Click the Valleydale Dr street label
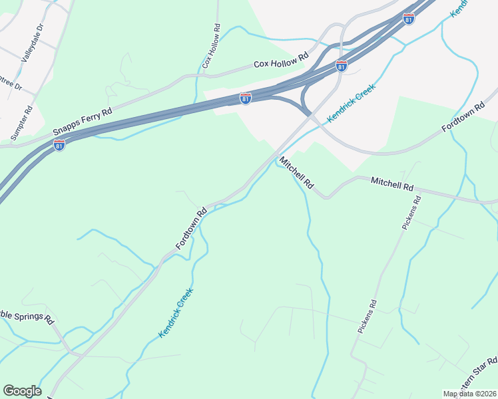click(x=32, y=43)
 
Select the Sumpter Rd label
click(x=21, y=123)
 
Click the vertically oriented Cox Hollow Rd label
click(x=211, y=47)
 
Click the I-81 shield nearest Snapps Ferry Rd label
click(x=59, y=145)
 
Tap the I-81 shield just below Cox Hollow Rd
click(x=246, y=98)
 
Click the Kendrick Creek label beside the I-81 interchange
click(x=352, y=102)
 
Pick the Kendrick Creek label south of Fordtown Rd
click(x=176, y=313)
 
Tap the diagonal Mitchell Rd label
click(x=296, y=172)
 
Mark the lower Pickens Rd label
click(x=367, y=317)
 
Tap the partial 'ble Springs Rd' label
click(x=27, y=318)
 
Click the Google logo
click(x=22, y=391)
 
